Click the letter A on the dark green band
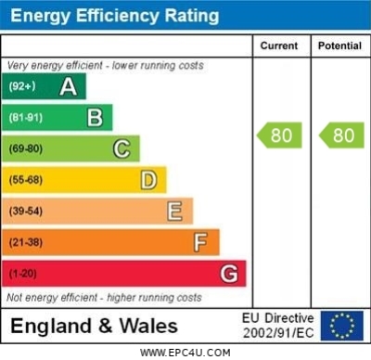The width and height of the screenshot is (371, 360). pyautogui.click(x=69, y=86)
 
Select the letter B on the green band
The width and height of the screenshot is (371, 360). pyautogui.click(x=95, y=118)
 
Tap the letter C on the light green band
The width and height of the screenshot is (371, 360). pyautogui.click(x=122, y=148)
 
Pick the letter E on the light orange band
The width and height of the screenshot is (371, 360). pyautogui.click(x=174, y=212)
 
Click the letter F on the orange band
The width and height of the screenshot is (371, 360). pyautogui.click(x=200, y=243)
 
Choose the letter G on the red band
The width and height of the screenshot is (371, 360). pyautogui.click(x=229, y=274)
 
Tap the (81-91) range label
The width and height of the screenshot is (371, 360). pyautogui.click(x=25, y=118)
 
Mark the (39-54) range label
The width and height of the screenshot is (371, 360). pyautogui.click(x=25, y=212)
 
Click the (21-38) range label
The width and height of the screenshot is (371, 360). pyautogui.click(x=25, y=243)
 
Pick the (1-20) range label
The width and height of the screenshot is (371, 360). pyautogui.click(x=22, y=275)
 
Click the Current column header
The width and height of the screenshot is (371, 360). pyautogui.click(x=279, y=45)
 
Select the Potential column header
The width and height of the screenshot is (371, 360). pyautogui.click(x=339, y=45)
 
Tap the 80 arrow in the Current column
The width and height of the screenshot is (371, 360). pyautogui.click(x=279, y=135)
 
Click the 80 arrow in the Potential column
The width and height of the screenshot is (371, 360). pyautogui.click(x=340, y=135)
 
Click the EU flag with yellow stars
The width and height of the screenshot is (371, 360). pyautogui.click(x=342, y=325)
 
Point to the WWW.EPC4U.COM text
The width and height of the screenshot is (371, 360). pyautogui.click(x=185, y=353)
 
